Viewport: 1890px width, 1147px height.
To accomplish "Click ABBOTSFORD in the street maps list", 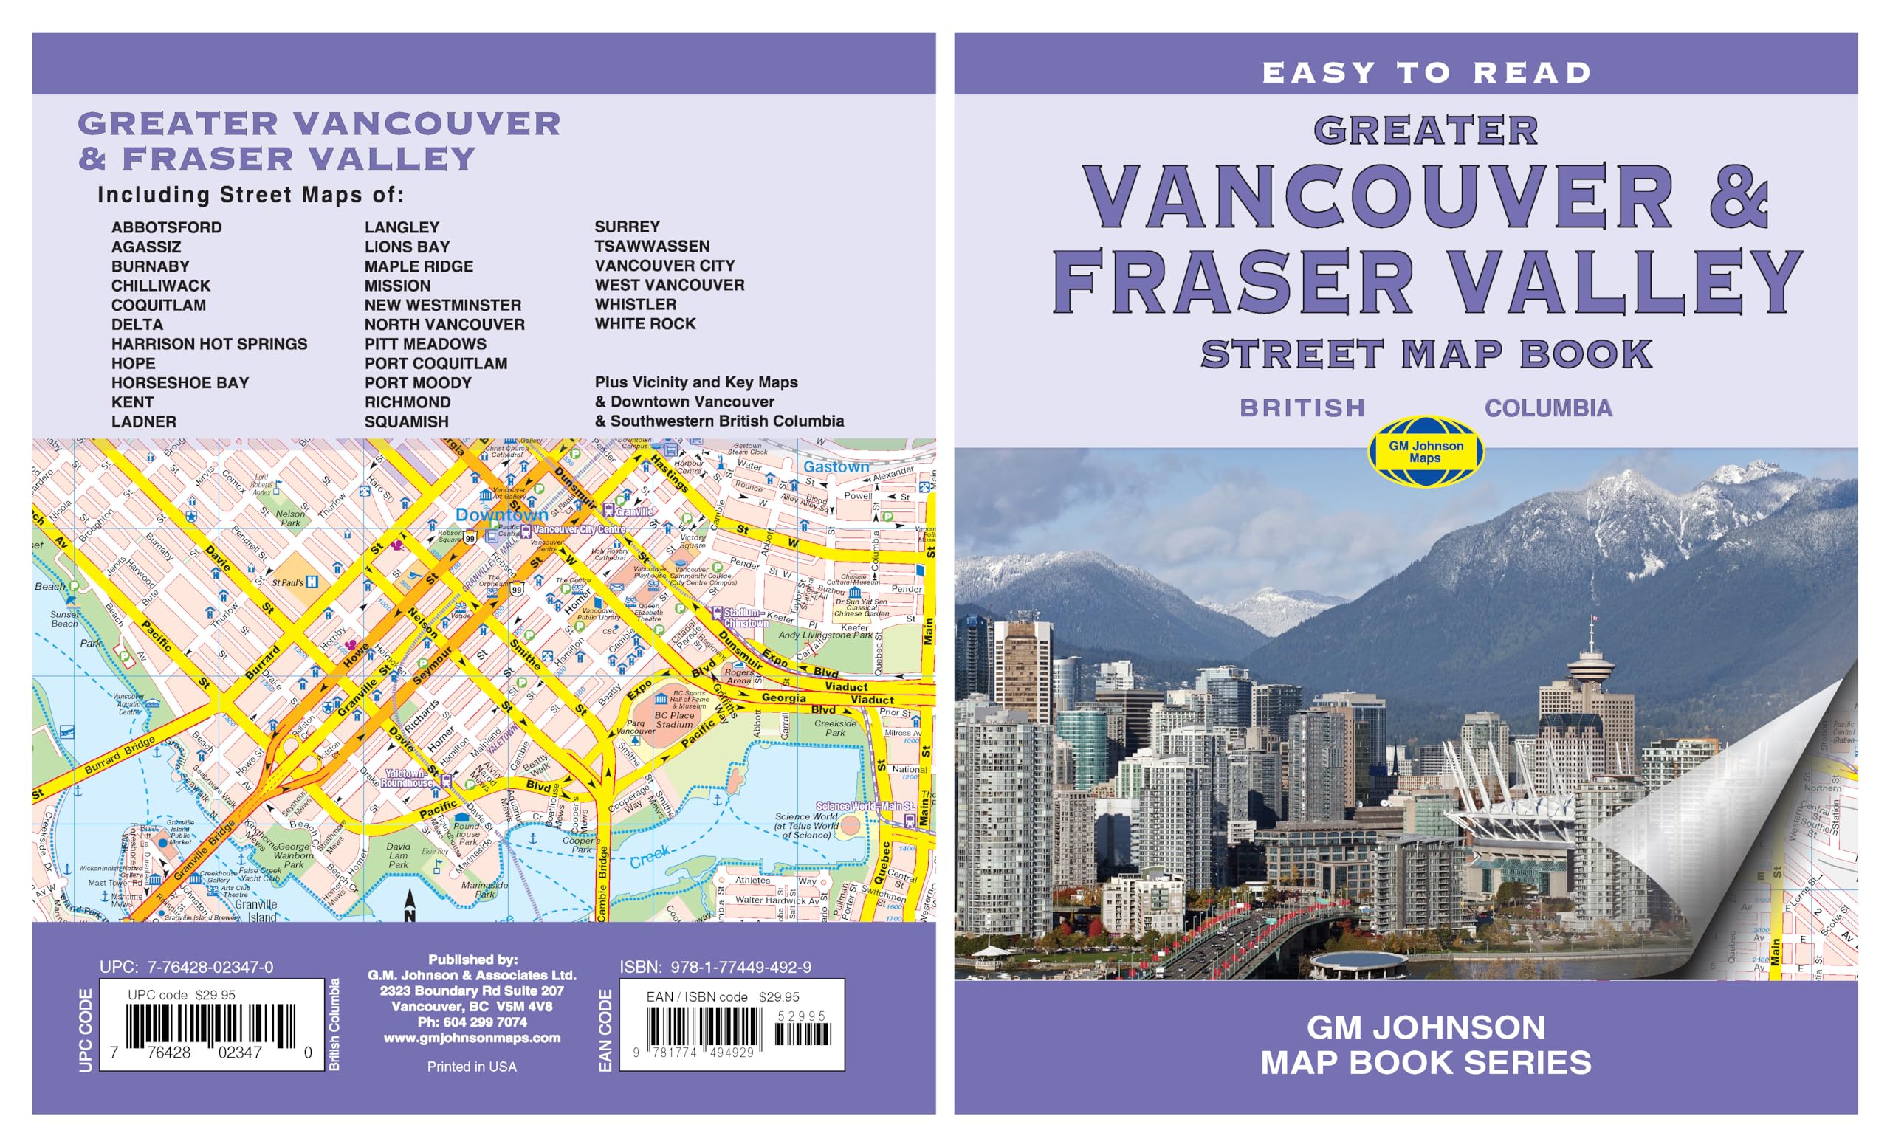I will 166,228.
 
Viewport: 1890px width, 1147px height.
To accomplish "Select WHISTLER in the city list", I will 635,304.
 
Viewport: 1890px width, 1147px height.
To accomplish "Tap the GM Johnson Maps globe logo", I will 1426,452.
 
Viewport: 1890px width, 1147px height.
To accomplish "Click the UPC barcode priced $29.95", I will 210,1026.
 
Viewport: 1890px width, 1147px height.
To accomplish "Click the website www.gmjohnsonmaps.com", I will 472,1038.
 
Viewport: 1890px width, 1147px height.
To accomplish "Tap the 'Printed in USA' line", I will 472,1067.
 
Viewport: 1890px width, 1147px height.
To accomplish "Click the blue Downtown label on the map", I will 501,514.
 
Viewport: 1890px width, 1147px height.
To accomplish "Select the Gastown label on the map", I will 836,466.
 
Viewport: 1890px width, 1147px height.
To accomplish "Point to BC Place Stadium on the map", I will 673,719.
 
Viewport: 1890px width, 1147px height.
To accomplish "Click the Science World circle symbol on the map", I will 849,826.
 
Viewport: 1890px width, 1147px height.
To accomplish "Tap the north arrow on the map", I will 410,906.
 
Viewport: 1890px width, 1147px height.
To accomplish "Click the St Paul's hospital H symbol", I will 312,582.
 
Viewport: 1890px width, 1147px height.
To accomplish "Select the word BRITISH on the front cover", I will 1302,408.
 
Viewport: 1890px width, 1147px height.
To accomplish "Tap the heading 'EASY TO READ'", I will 1426,73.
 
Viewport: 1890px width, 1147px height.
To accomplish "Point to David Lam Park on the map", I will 398,855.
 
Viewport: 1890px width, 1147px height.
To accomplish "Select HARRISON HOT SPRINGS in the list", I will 209,344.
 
